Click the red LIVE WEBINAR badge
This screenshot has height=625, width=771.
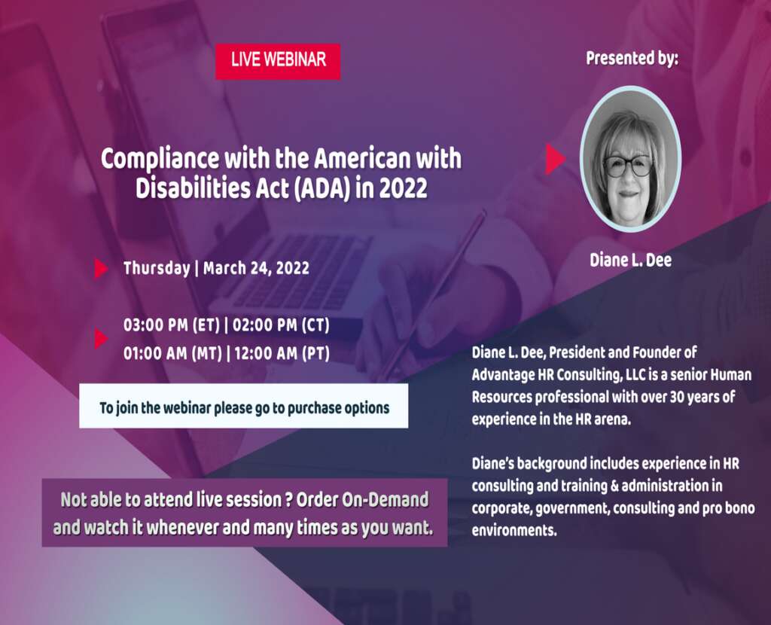tap(278, 61)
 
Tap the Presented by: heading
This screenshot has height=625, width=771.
tap(632, 58)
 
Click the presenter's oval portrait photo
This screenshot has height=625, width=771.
tap(630, 158)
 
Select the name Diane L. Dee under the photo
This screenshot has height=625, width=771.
tap(630, 261)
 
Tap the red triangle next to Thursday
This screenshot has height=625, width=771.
tap(101, 269)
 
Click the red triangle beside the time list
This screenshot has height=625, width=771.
tap(101, 340)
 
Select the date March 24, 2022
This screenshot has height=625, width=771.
tap(256, 268)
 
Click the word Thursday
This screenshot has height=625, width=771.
tap(156, 268)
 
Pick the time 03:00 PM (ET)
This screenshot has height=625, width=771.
tap(172, 327)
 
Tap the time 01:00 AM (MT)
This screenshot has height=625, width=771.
tap(173, 353)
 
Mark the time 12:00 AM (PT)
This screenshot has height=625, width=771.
tap(282, 353)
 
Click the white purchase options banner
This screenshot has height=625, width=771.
tap(244, 407)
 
